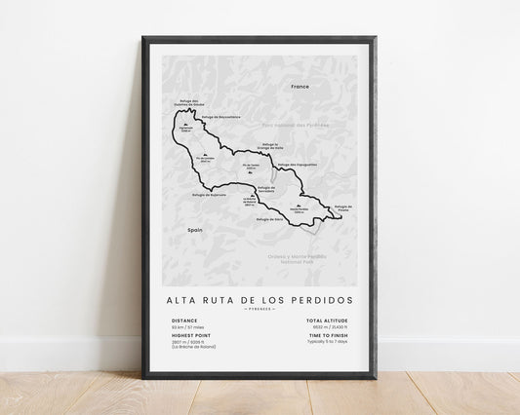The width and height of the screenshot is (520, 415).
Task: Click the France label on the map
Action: point(299,87)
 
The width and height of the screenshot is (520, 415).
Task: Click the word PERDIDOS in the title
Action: point(321,272)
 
